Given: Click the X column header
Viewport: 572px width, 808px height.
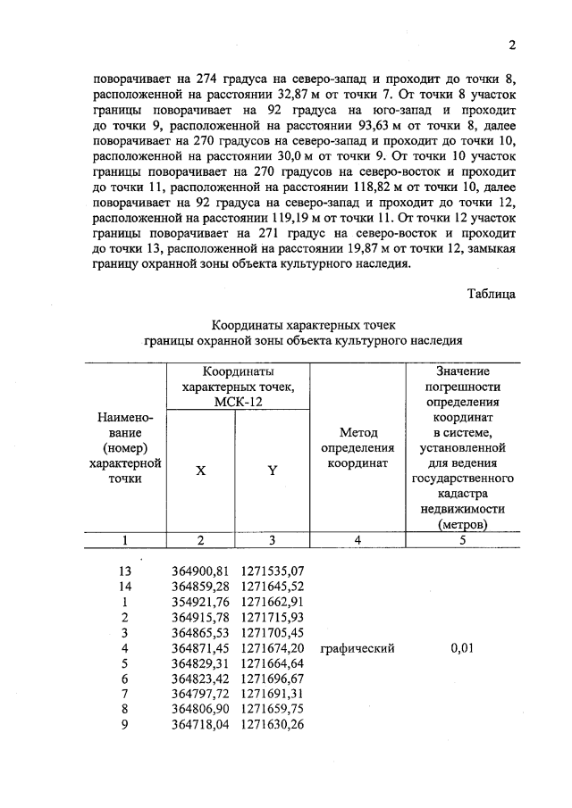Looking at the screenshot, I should click(200, 471).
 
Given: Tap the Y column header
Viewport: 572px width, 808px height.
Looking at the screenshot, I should click(272, 471).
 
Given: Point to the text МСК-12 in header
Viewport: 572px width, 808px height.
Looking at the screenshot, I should click(237, 403).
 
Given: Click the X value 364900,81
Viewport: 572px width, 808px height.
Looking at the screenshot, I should click(199, 570).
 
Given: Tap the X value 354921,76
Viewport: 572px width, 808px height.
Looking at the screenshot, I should click(199, 602).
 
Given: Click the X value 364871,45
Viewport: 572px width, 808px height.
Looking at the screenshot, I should click(199, 649).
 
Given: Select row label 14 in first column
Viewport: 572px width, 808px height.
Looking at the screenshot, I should click(125, 586).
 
